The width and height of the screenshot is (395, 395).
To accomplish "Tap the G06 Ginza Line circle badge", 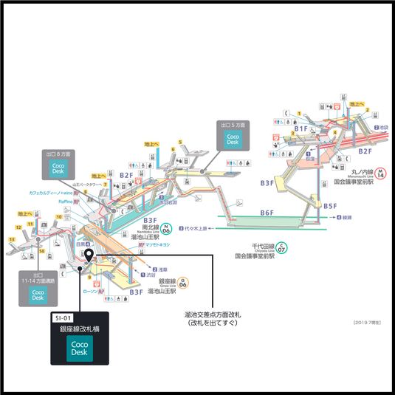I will [x=183, y=282].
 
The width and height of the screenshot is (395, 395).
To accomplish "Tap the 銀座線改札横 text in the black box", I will [x=79, y=332].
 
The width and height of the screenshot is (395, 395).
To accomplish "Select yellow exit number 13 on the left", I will [x=13, y=239].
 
